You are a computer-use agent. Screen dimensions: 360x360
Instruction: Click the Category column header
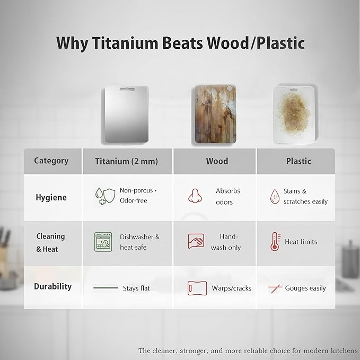tap(51, 161)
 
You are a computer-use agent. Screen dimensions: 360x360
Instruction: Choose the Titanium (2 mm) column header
tap(126, 161)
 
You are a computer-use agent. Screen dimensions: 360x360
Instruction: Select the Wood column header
tap(217, 161)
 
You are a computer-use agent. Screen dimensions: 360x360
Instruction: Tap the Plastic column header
tap(297, 161)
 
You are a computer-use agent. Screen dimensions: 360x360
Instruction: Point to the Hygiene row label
tap(51, 197)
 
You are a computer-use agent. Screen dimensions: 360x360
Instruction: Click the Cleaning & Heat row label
tap(51, 242)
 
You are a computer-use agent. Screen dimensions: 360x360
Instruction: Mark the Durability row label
tap(52, 286)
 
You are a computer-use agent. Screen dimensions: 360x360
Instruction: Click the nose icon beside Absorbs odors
tap(195, 196)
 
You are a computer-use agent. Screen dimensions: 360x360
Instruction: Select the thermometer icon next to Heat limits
tap(276, 242)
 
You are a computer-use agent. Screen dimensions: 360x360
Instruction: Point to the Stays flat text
tap(137, 288)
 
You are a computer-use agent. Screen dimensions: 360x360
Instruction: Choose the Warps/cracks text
tap(231, 288)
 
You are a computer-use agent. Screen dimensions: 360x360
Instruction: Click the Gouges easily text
tap(305, 288)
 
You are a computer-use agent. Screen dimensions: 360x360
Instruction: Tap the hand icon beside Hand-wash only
tap(195, 242)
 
